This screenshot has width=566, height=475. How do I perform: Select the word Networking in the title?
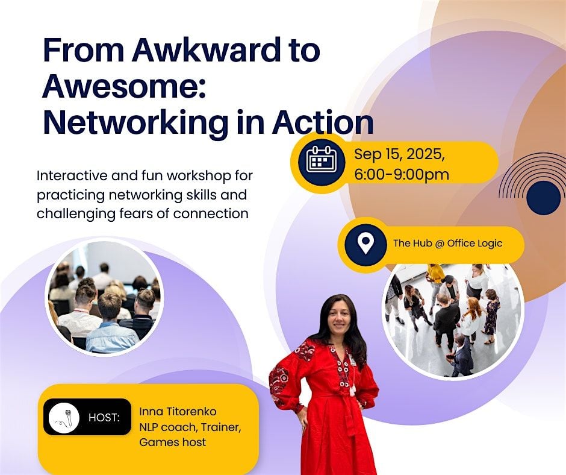point(135,123)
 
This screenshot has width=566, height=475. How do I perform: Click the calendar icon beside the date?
point(322,160)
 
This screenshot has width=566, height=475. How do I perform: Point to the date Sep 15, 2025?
point(399,155)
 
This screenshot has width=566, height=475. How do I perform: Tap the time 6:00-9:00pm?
point(402,175)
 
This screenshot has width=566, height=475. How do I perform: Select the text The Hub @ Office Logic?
point(447,243)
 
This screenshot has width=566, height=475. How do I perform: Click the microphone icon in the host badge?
point(64,418)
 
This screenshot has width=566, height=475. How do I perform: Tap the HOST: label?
point(104,418)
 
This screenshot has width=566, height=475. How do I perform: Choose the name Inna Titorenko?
point(178,411)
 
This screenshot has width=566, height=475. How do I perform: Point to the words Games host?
point(173,442)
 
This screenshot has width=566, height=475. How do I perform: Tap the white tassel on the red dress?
point(353,389)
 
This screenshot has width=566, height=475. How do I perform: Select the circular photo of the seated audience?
point(104,297)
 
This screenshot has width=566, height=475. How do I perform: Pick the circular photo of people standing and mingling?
point(453,320)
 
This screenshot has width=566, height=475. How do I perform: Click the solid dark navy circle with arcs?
point(543,198)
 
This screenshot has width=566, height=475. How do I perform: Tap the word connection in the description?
point(211,213)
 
